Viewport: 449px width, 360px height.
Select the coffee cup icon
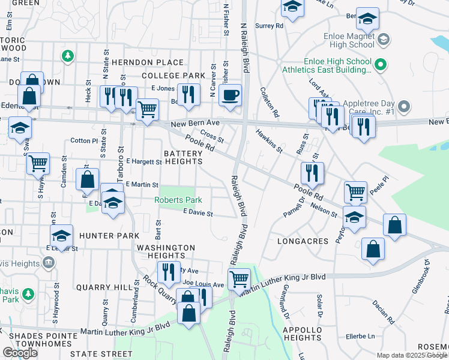[x=230, y=95]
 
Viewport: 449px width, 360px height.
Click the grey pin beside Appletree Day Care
[x=404, y=107]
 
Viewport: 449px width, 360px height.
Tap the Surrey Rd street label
[x=269, y=26]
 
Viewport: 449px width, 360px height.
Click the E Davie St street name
[x=198, y=212]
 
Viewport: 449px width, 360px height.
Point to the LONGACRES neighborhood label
[x=303, y=241]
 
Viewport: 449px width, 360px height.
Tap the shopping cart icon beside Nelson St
[x=355, y=193]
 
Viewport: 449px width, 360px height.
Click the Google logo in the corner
[x=20, y=353]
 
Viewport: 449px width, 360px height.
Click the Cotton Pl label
[x=83, y=140]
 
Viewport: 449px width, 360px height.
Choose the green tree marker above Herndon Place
[x=68, y=56]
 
